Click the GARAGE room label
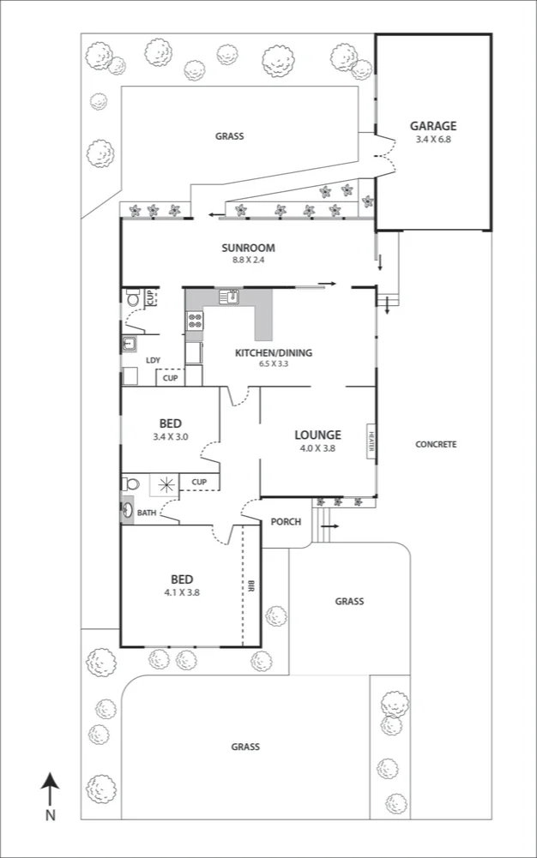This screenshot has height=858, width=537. [432, 125]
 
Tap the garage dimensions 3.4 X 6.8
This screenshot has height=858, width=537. [432, 139]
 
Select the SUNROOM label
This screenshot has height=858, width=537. [247, 248]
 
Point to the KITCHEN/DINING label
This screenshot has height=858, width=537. [274, 352]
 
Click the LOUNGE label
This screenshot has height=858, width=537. [318, 435]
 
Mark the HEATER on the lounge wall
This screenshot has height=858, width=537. [371, 441]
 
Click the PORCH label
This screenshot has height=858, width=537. [284, 521]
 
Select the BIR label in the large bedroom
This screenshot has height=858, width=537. [250, 587]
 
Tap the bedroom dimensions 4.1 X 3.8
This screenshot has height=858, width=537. [181, 591]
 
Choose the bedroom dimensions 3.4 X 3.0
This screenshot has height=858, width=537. [169, 436]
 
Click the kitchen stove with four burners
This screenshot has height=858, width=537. [195, 321]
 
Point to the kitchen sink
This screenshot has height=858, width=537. [229, 297]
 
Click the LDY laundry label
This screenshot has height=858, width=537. [153, 360]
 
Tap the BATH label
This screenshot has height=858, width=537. [147, 513]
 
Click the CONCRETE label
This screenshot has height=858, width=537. [435, 444]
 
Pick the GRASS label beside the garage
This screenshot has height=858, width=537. [229, 135]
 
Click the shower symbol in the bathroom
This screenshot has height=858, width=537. [165, 484]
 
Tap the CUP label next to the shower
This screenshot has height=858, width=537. [199, 482]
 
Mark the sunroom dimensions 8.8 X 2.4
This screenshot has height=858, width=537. [247, 260]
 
